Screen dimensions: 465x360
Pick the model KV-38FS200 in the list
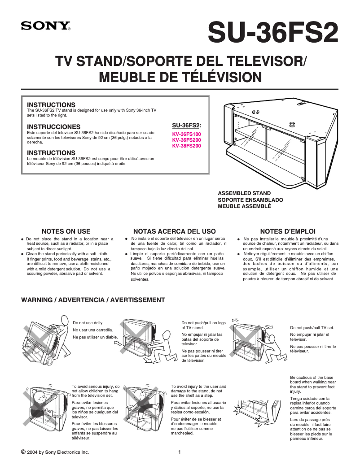187,146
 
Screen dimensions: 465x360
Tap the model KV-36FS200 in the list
187,140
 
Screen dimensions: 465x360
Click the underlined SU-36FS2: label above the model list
187,125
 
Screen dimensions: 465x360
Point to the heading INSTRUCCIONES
54,127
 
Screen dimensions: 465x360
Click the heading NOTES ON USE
66,231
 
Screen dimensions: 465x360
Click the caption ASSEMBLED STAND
244,194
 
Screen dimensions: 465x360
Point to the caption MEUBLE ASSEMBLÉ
244,206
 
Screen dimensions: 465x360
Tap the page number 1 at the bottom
180,452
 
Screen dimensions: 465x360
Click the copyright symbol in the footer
23,452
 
